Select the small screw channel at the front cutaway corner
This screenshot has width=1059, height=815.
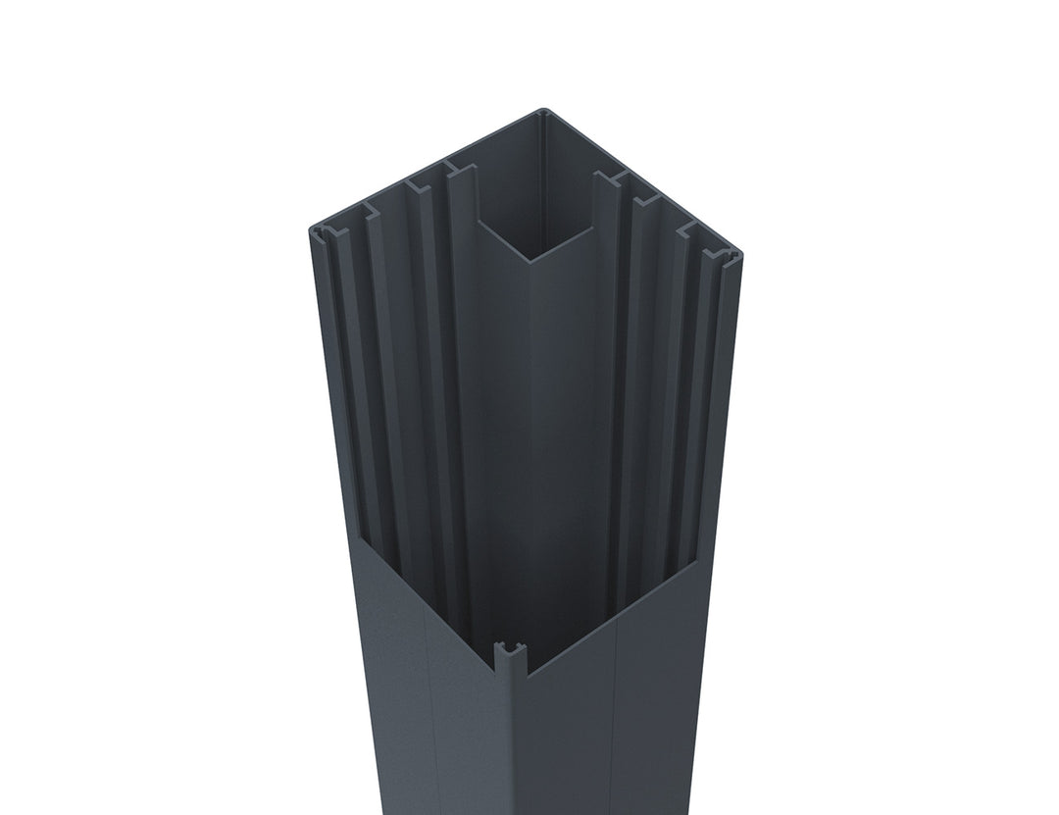click(x=511, y=651)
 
